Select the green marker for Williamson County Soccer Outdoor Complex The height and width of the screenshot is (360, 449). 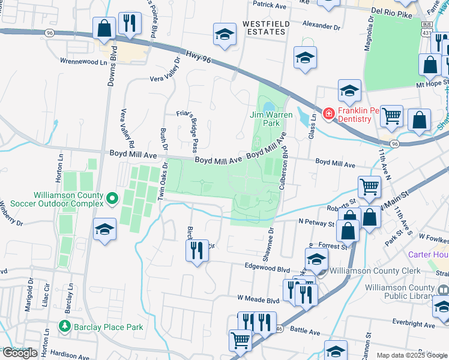coord(112,197)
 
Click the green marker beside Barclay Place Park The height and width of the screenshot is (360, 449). coord(64,327)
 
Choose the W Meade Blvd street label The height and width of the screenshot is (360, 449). coord(259,298)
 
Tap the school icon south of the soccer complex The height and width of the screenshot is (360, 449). coord(105,229)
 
